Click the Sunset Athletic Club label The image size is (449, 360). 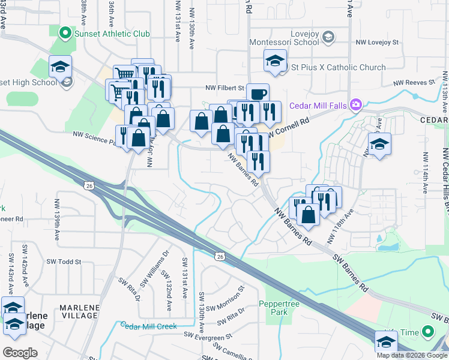pyautogui.click(x=111, y=34)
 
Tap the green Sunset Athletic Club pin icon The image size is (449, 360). pyautogui.click(x=64, y=34)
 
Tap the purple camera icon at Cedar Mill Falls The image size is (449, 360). pyautogui.click(x=356, y=106)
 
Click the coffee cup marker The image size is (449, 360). pyautogui.click(x=258, y=94)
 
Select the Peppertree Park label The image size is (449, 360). pyautogui.click(x=276, y=308)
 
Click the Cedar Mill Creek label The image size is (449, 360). pyautogui.click(x=148, y=326)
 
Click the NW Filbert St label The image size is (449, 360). pyautogui.click(x=226, y=87)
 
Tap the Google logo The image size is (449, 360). pyautogui.click(x=20, y=353)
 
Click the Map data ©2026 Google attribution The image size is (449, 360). pyautogui.click(x=411, y=355)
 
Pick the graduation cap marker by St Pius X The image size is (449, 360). pyautogui.click(x=275, y=62)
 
